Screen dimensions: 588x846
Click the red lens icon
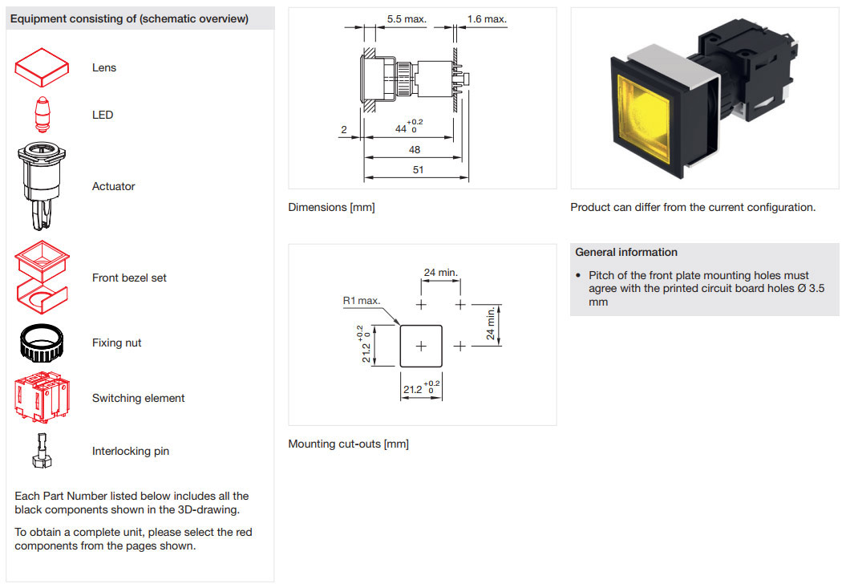43,67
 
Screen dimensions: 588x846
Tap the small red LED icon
42,114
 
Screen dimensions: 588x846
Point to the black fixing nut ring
42,343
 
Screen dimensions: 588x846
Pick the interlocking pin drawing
41,451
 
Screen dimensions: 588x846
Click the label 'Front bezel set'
129,278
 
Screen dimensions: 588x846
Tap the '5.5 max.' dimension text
407,18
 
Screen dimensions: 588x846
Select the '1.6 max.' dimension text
487,18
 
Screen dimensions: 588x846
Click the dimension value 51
418,170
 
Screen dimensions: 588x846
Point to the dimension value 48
415,150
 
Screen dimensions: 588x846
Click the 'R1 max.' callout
361,300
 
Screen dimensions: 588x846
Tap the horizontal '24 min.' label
441,273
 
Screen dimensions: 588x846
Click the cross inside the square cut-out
421,346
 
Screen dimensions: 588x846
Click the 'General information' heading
626,252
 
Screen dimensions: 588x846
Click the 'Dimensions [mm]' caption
331,207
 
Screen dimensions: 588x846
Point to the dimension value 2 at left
343,130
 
